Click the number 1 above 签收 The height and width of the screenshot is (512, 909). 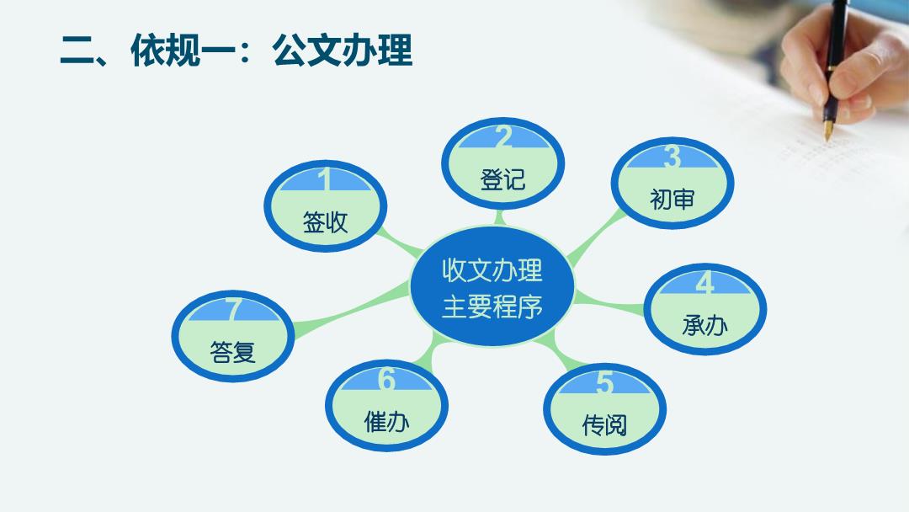(325, 179)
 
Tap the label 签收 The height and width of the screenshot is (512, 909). (325, 222)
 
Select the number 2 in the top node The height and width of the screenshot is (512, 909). (503, 136)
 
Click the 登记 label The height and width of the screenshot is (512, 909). (502, 179)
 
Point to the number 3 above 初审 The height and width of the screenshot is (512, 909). (672, 156)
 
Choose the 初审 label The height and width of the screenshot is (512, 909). (672, 200)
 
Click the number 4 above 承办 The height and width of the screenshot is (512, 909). (705, 283)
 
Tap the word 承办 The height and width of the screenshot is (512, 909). (705, 325)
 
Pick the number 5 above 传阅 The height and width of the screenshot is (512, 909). (604, 382)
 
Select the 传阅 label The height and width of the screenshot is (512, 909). (604, 425)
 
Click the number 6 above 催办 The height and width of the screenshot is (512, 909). (386, 379)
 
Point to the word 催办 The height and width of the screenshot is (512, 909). (386, 422)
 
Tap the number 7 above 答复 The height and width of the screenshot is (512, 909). (233, 309)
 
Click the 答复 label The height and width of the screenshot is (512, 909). (233, 352)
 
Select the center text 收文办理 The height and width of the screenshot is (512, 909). (492, 270)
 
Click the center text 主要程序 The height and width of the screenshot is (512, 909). (492, 307)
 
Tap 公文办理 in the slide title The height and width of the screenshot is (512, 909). (343, 50)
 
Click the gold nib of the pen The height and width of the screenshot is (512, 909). (828, 130)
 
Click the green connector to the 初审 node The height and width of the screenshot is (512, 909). (595, 237)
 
